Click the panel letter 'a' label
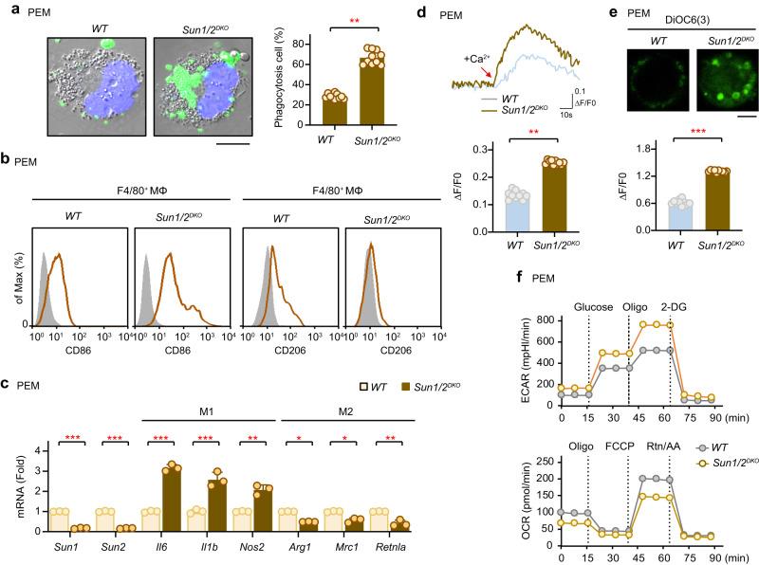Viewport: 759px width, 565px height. tap(8, 9)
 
